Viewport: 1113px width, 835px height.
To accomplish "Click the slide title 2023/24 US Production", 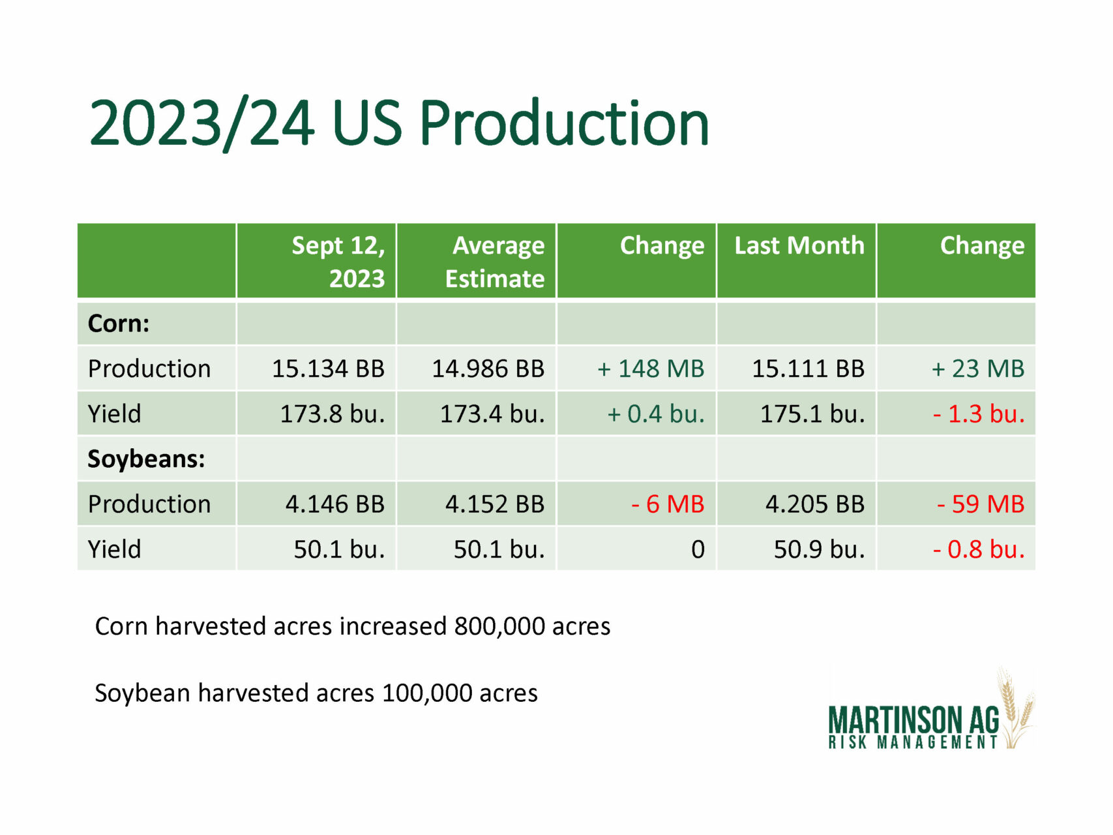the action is tap(399, 123).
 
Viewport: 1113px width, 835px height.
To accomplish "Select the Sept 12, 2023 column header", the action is tap(338, 262).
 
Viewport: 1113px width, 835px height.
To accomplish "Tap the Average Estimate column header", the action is tap(494, 262).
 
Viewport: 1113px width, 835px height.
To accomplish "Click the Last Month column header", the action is tap(799, 245).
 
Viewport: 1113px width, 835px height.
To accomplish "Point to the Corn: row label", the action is tap(119, 324).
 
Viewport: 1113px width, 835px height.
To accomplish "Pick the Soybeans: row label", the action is tap(146, 459).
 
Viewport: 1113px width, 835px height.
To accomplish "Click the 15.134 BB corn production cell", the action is tap(328, 369).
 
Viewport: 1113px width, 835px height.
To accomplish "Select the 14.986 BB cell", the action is tap(488, 369).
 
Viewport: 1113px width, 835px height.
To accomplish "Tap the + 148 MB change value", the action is tap(651, 369).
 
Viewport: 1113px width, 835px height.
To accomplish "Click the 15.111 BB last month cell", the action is tap(809, 369).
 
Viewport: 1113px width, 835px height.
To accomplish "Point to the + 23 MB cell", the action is tap(978, 369).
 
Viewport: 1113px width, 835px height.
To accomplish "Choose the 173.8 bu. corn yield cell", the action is tap(333, 414).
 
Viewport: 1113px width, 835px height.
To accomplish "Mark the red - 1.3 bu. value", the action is tap(979, 414).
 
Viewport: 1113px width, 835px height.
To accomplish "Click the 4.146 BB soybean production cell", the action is tap(335, 504).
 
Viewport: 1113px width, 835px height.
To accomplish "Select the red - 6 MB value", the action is tap(668, 504).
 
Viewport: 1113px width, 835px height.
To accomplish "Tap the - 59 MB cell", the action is tap(981, 504).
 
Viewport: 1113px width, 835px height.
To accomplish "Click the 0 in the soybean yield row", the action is tap(698, 549).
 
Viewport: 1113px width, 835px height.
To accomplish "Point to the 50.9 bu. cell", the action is tap(820, 549).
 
